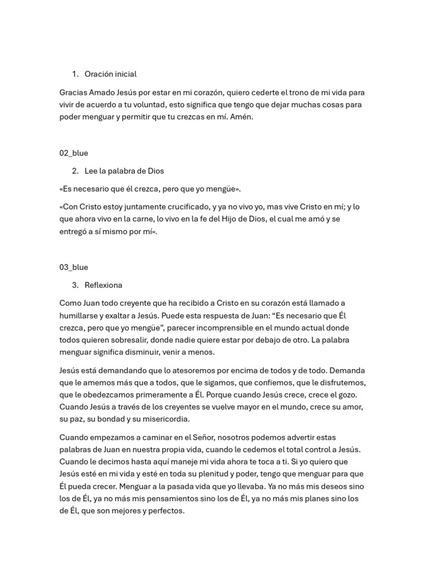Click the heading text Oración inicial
click(x=110, y=74)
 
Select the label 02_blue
click(x=74, y=153)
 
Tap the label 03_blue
click(x=74, y=268)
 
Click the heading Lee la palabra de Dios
click(x=124, y=171)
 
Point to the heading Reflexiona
click(x=103, y=285)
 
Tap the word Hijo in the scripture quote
click(x=228, y=219)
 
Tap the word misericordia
click(x=166, y=419)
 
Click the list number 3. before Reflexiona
click(x=75, y=285)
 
